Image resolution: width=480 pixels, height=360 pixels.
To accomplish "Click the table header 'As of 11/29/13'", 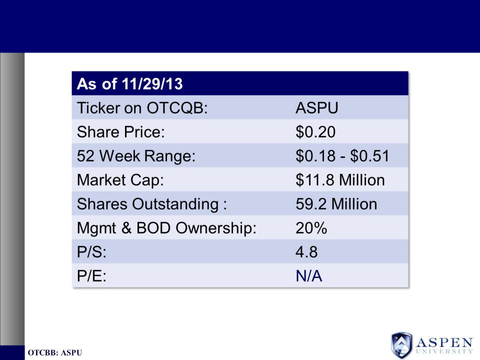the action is (x=130, y=84).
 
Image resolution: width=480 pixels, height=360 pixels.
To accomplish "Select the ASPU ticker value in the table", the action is (x=317, y=108).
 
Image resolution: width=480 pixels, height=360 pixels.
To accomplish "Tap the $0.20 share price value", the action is (x=315, y=132).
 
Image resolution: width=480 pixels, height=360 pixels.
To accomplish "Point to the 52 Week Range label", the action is (x=136, y=156).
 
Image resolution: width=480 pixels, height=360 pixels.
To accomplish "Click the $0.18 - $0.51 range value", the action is (x=342, y=156).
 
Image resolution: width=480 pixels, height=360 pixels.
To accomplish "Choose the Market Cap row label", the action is (x=120, y=180).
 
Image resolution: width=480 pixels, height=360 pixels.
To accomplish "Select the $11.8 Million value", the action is (x=340, y=180).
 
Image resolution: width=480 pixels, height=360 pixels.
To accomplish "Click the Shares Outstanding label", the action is (x=152, y=204).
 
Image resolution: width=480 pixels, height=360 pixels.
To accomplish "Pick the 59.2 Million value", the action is (x=336, y=204).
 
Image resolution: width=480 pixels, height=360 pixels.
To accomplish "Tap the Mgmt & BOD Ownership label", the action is (x=166, y=228).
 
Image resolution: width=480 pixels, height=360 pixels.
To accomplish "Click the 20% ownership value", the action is (x=311, y=228).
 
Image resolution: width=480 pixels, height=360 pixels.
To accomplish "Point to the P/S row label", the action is (x=91, y=252).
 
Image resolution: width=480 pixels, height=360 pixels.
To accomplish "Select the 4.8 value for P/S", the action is (x=306, y=252).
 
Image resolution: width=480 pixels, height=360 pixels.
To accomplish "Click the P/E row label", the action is (x=91, y=276).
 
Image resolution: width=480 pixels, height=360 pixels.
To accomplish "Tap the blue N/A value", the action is (x=309, y=276).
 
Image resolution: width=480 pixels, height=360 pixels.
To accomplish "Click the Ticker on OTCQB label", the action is (x=142, y=108).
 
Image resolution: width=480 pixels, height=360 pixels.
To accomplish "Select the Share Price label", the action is (x=121, y=132).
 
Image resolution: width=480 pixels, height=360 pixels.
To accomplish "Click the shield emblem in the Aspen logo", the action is (x=401, y=345).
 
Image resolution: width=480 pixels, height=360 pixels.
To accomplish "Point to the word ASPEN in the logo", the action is (x=444, y=342).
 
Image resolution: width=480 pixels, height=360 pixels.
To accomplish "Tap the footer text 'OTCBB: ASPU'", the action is (x=55, y=352).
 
